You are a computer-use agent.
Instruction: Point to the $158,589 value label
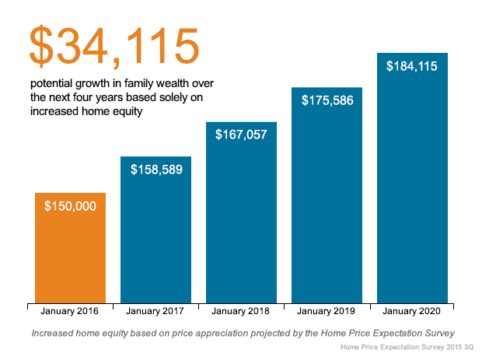pos(155,169)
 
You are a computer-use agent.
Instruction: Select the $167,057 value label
pos(241,135)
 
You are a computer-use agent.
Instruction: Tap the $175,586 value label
pos(327,100)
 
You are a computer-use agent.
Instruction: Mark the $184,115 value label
pos(412,66)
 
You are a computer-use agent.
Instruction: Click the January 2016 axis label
pos(70,311)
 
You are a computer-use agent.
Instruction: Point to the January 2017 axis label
pos(155,311)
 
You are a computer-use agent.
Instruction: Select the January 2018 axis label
pos(241,311)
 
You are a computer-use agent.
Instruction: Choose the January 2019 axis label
pos(327,311)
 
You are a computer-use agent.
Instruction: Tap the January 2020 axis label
pos(412,311)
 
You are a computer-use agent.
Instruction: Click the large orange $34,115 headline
pos(114,46)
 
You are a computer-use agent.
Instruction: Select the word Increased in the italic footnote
pos(57,333)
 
